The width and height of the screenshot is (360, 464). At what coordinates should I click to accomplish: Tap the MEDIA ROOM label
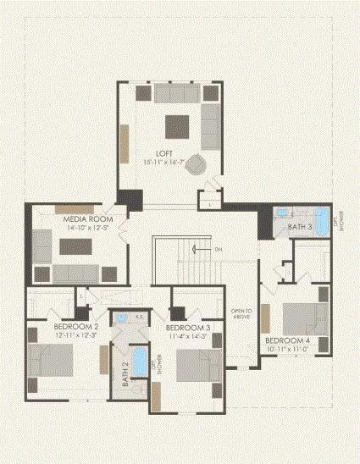tap(82, 218)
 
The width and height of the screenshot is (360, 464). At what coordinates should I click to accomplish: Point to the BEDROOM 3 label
tap(188, 328)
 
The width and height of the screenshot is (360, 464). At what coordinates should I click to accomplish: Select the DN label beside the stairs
tap(218, 249)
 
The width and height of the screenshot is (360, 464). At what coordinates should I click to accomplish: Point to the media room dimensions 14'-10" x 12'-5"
tap(82, 227)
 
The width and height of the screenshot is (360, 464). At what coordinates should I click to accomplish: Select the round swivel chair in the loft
tap(196, 163)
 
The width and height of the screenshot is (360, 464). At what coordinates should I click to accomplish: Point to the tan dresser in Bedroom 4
tap(263, 320)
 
